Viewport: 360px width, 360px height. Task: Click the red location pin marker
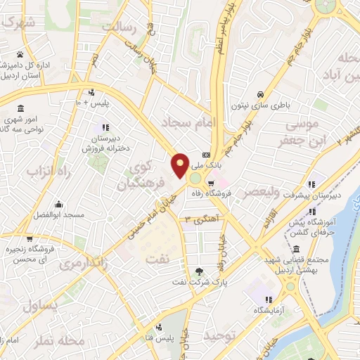(x=180, y=165)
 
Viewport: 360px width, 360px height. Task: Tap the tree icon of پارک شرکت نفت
(x=201, y=271)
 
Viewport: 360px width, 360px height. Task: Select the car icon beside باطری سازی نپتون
(x=260, y=94)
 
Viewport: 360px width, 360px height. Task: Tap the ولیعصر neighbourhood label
(x=262, y=191)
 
